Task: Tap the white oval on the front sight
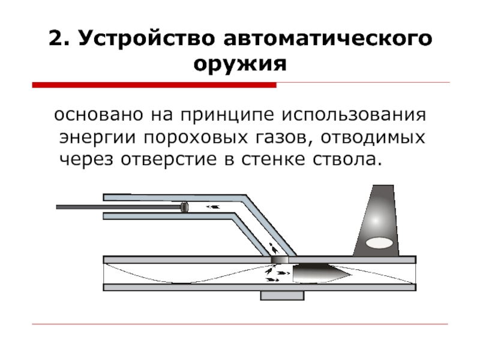pyautogui.click(x=379, y=243)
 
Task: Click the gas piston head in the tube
pyautogui.click(x=184, y=208)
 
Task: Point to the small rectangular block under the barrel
pyautogui.click(x=282, y=296)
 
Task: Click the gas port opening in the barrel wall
pyautogui.click(x=279, y=259)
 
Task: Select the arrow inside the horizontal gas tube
pyautogui.click(x=213, y=208)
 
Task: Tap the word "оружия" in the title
pyautogui.click(x=239, y=64)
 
